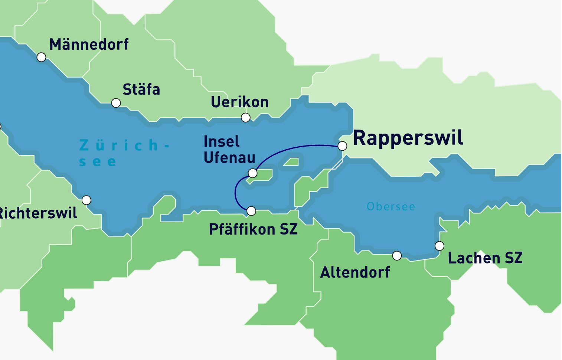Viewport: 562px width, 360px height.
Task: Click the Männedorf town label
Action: point(89,45)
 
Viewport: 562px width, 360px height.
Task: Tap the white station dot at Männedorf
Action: point(42,57)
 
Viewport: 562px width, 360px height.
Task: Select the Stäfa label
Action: point(141,89)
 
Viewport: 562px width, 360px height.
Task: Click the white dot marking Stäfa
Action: point(116,103)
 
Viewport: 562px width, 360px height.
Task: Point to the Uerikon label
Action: point(239,102)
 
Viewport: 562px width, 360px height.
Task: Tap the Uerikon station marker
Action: point(246,118)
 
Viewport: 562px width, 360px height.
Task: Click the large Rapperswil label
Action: point(408,138)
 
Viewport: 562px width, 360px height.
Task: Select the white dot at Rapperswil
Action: point(343,146)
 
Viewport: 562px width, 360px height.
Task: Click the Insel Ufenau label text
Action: point(229,150)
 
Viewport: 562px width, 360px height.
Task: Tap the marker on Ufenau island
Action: point(252,173)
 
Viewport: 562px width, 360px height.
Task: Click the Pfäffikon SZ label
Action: point(253,229)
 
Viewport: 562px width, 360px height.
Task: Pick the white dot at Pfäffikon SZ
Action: point(251,211)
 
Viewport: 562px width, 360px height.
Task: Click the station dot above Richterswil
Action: point(86,200)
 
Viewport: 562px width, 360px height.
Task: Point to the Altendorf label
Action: point(355,272)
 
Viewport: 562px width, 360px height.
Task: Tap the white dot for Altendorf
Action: point(397,256)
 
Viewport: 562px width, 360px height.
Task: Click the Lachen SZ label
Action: point(485,258)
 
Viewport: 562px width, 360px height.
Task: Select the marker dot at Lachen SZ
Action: point(440,246)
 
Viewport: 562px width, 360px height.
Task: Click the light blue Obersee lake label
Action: point(391,207)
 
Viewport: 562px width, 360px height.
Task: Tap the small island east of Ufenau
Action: point(292,162)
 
